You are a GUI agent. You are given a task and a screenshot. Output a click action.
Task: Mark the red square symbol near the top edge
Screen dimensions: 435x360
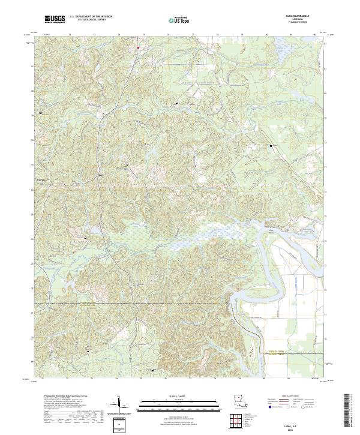(x=137, y=47)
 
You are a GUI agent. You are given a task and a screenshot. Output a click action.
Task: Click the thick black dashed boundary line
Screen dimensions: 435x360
(x=150, y=304)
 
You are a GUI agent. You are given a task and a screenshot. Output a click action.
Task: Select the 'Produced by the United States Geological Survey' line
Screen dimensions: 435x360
(x=58, y=397)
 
